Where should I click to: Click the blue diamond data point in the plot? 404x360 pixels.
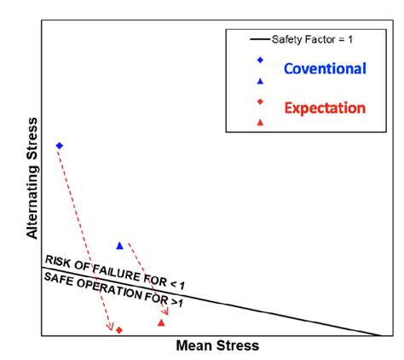click(59, 146)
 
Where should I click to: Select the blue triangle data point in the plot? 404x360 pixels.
click(119, 246)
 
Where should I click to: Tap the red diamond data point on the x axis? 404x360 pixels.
click(119, 330)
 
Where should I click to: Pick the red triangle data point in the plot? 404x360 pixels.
click(161, 322)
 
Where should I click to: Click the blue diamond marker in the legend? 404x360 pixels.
click(260, 60)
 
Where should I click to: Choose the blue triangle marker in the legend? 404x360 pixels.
click(260, 80)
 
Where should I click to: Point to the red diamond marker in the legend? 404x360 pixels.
click(260, 102)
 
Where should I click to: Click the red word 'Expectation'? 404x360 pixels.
click(324, 108)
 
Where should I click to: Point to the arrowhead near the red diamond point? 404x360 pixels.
click(111, 327)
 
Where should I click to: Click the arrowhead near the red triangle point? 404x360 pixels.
click(166, 312)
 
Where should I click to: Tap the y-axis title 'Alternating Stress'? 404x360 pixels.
click(32, 183)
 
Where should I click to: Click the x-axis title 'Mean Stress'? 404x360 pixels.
click(216, 346)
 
